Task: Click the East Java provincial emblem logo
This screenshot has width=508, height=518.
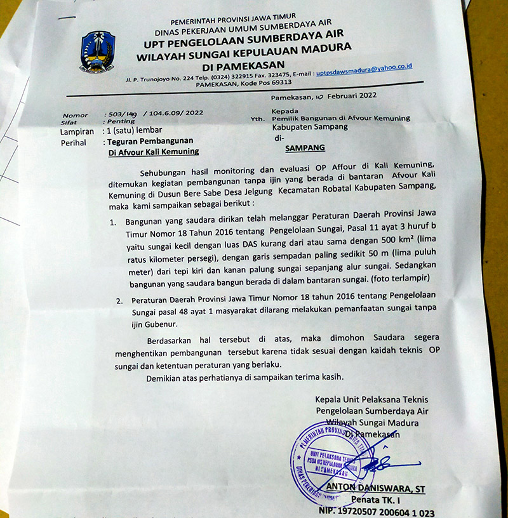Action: click(x=97, y=52)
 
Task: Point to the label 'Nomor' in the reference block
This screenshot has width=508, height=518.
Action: click(x=74, y=115)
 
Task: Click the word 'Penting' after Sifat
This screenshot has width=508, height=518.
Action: click(x=121, y=121)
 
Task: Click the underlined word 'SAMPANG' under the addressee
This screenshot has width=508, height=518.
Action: click(x=304, y=148)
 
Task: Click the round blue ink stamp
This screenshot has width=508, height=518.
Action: click(x=332, y=463)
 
